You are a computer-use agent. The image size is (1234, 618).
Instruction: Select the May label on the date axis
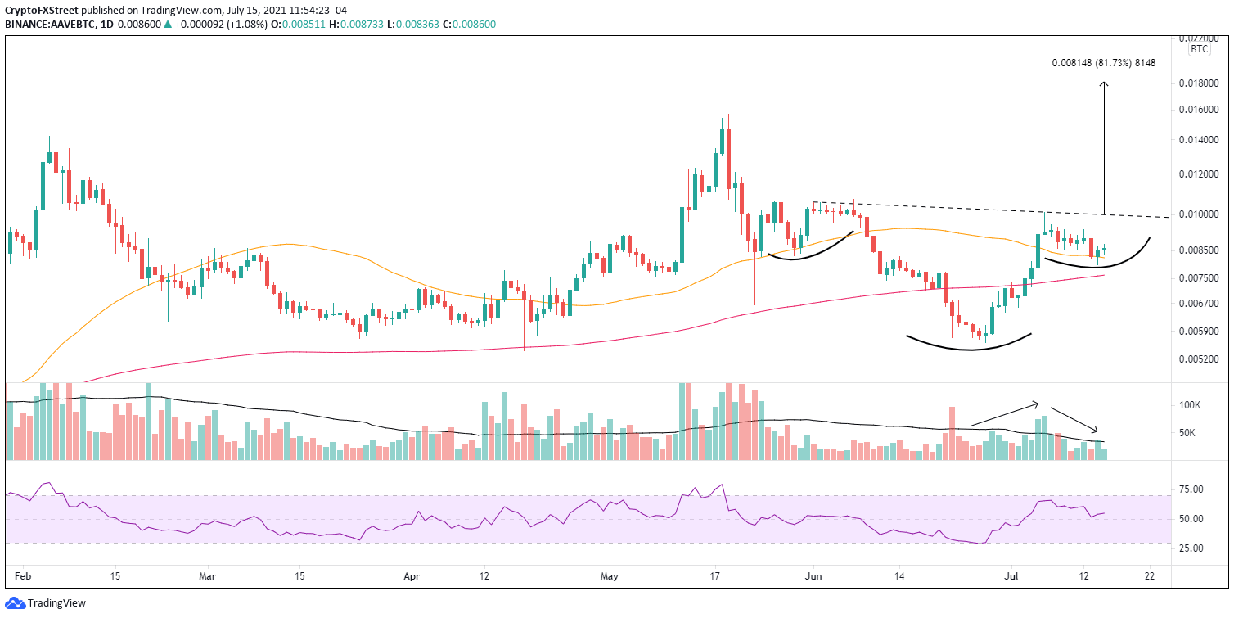(x=610, y=576)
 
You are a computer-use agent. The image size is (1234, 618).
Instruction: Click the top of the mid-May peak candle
(x=727, y=115)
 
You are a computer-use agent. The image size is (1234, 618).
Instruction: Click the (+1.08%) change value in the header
(x=208, y=25)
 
